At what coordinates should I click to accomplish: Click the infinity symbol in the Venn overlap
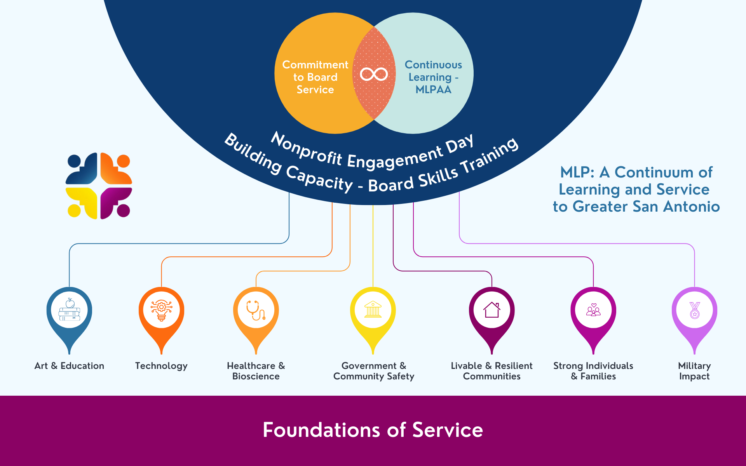[374, 74]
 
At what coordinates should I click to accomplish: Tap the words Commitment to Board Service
[315, 77]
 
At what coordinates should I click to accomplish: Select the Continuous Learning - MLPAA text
[433, 77]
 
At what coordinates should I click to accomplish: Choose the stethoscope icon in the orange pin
[256, 310]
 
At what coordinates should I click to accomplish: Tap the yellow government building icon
[373, 310]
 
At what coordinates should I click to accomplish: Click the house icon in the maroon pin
[492, 310]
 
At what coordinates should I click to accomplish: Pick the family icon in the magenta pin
[593, 310]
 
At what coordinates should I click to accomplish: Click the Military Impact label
[694, 371]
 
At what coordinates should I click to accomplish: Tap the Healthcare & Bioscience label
[256, 371]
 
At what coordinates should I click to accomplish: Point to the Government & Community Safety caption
[374, 371]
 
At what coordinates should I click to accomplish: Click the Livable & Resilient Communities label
[492, 371]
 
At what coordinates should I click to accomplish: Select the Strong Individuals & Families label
[593, 371]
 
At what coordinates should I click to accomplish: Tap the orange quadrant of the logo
[116, 169]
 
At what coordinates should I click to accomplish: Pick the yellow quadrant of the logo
[82, 202]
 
